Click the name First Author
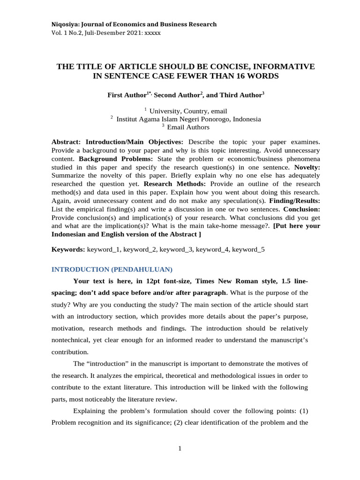coord(127,95)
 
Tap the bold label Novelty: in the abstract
coord(307,167)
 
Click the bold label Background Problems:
coord(105,159)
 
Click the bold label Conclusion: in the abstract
coord(301,209)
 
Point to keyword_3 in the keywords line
coord(176,249)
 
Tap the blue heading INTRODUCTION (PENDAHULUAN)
coord(112,270)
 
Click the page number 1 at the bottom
coord(180,449)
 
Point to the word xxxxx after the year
coord(153,33)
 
